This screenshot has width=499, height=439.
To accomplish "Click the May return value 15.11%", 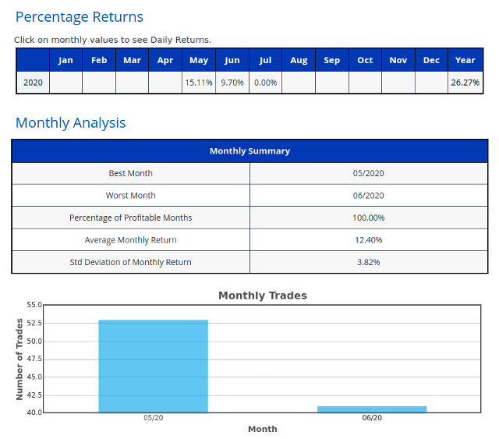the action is (x=199, y=83).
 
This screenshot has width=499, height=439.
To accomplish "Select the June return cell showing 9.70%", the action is (x=232, y=83).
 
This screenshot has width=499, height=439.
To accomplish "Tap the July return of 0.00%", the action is (x=265, y=83).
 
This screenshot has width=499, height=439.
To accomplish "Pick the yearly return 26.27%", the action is (x=465, y=83).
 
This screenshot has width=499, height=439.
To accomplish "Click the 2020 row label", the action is (x=33, y=83).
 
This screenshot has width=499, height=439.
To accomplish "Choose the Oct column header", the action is (x=365, y=60).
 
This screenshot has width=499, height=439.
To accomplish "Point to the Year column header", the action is (x=465, y=60).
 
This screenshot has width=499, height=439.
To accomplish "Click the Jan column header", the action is (x=65, y=60).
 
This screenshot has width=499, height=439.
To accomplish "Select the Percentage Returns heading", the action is (x=80, y=17).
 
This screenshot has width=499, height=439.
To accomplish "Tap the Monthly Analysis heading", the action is (x=71, y=123).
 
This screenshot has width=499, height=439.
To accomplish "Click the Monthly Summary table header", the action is (x=249, y=151).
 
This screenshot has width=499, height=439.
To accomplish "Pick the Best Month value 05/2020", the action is (x=368, y=173).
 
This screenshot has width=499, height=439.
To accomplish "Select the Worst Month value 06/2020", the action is (x=368, y=196).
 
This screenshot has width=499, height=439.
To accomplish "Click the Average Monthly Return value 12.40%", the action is (x=368, y=240).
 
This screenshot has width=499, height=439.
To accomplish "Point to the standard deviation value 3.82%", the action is (x=368, y=262).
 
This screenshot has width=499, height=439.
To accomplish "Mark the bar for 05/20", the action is (x=153, y=366).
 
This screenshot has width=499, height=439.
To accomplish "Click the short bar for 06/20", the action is (x=372, y=409).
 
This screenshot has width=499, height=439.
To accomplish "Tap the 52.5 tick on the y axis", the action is (x=34, y=323).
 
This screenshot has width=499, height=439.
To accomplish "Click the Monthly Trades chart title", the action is (x=263, y=296).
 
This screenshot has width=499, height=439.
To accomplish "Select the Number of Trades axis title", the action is (x=19, y=359).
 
